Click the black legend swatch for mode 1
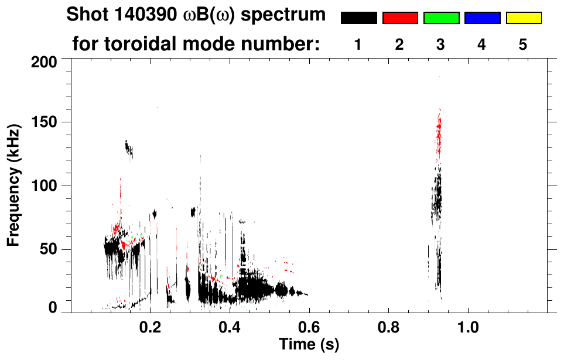coord(358,18)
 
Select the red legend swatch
coord(400,18)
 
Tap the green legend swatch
coord(441,18)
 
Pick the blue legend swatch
coord(482,18)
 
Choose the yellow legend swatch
coord(523,18)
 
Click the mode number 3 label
coord(440,45)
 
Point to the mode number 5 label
coord(523,45)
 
